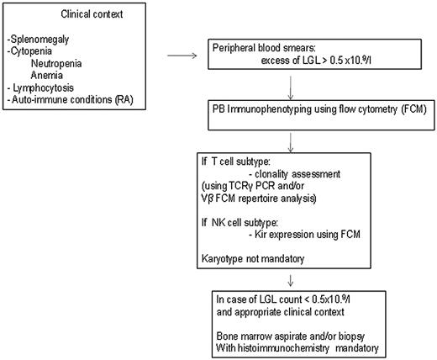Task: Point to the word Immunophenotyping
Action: coord(275,108)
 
